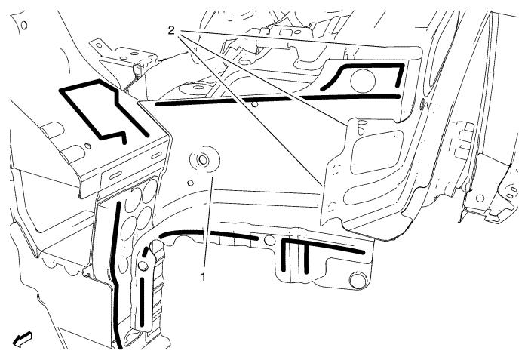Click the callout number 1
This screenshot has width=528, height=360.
[203, 278]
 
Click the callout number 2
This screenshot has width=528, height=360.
[171, 31]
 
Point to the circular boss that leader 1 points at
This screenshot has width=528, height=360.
[203, 159]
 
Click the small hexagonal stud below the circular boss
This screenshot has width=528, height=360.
[190, 183]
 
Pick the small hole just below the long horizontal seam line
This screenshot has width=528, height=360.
[255, 104]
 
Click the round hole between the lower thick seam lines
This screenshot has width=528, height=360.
[269, 240]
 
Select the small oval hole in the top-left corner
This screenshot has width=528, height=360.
[24, 25]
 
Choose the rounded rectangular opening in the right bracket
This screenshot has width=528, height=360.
[376, 152]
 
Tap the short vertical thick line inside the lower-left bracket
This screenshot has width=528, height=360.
[142, 301]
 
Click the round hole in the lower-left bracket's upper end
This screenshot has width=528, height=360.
[143, 266]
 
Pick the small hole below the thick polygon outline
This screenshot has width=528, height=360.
[88, 146]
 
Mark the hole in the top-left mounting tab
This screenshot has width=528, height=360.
[99, 45]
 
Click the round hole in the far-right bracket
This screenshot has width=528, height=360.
[480, 198]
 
